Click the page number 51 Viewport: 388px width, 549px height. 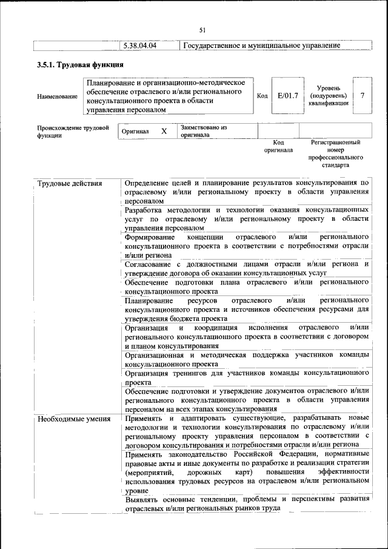coord(202,30)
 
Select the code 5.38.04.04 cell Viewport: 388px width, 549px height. coord(140,46)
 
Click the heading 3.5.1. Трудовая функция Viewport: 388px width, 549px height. coord(80,65)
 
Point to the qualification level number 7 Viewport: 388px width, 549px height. coord(362,95)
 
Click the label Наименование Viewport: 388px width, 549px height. coord(57,96)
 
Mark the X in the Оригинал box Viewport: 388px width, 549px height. coord(164,131)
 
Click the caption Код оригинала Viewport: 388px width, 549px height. coord(278,146)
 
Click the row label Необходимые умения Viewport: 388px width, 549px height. coord(74,419)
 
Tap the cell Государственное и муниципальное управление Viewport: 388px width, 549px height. coord(261,46)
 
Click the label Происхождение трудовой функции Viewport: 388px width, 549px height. coord(73,132)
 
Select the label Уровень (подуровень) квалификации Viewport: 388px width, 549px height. coord(329,95)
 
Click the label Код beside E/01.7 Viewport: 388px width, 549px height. coord(262,95)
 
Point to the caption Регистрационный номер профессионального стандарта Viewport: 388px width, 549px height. coord(335,153)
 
